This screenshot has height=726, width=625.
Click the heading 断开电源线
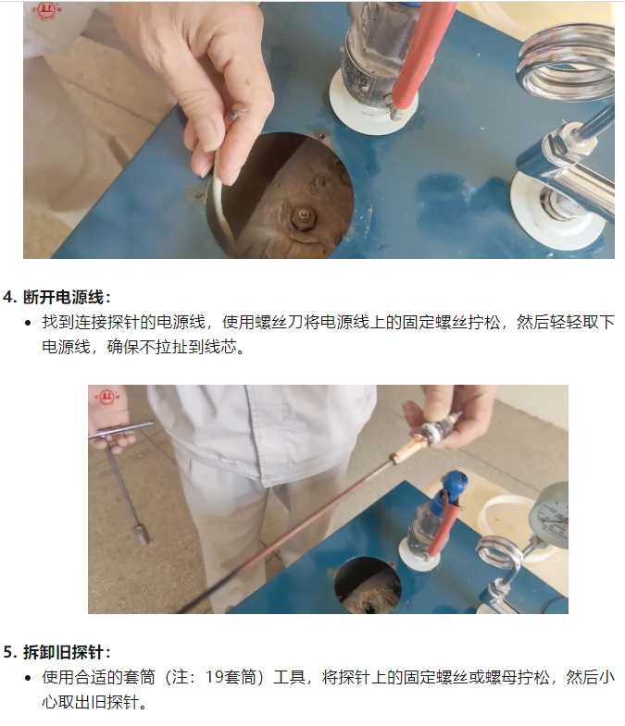pos(64,297)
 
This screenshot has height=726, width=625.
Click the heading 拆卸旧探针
pos(64,652)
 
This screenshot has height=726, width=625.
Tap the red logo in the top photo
pos(46,11)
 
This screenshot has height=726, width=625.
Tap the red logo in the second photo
pos(107,397)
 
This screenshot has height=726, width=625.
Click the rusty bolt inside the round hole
pos(304,218)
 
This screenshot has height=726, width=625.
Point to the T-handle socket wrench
pos(123,477)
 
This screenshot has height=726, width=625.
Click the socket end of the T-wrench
pos(143,535)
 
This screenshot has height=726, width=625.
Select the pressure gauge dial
pos(550,515)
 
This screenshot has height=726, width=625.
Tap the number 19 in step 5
pos(215,677)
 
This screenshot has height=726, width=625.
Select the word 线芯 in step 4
pos(220,346)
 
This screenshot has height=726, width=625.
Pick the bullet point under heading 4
pos(29,323)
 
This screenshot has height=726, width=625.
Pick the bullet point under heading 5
pos(29,678)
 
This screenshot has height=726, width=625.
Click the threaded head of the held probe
pos(440,427)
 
